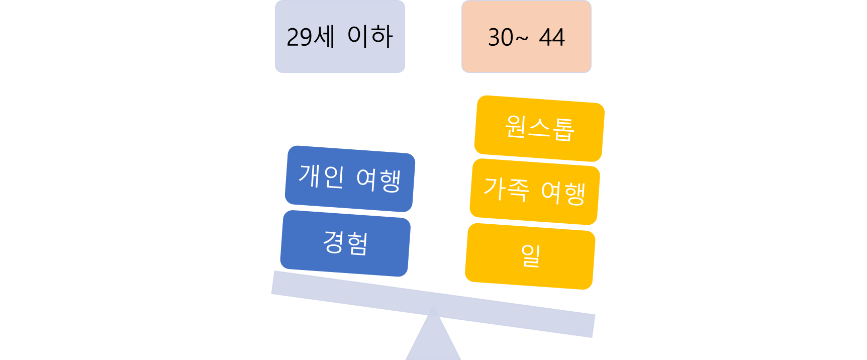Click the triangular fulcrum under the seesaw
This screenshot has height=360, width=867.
[x=433, y=342]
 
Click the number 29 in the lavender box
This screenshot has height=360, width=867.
[x=300, y=37]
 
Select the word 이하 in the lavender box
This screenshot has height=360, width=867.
[x=370, y=36]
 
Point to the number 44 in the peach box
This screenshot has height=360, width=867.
[x=552, y=38]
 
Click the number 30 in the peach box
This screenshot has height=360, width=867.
[x=501, y=38]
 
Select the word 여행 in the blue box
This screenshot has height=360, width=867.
[x=378, y=180]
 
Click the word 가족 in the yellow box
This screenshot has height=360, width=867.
[x=506, y=189]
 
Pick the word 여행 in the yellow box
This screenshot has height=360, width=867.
[x=563, y=193]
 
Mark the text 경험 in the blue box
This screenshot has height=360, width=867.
[x=345, y=243]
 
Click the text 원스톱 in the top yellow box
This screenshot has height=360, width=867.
[x=539, y=128]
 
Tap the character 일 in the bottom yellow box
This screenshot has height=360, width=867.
[x=531, y=255]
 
